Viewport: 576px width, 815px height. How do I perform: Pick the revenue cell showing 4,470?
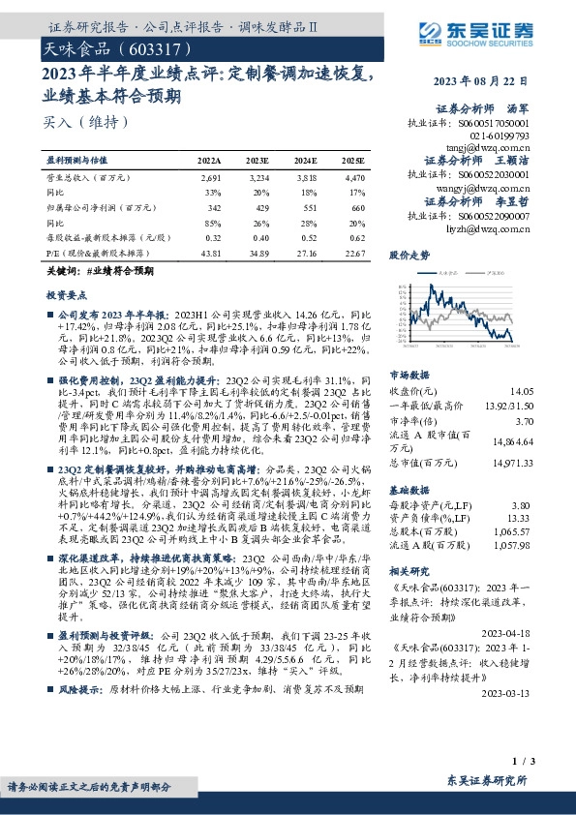[x=354, y=178]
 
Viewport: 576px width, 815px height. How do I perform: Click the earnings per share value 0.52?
[x=307, y=237]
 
